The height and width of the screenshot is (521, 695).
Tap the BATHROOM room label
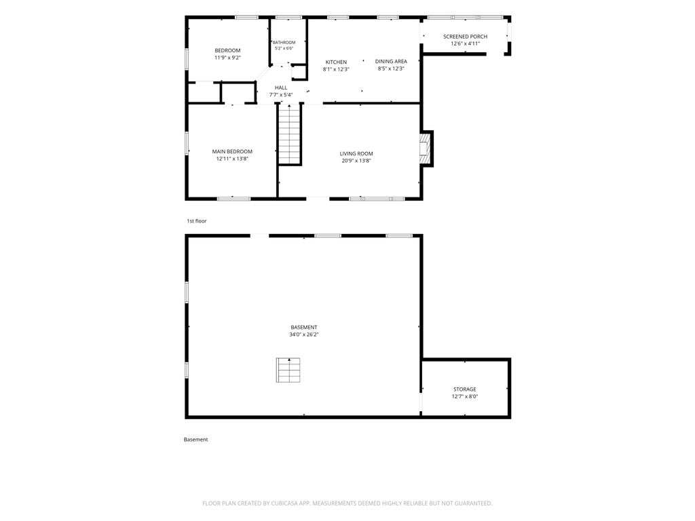click(284, 43)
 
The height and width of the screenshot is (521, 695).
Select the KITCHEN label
click(336, 62)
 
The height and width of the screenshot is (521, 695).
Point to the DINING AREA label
click(391, 62)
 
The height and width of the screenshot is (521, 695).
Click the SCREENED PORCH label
click(466, 37)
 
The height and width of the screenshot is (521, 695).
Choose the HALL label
click(281, 88)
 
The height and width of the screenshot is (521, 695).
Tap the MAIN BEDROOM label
click(232, 151)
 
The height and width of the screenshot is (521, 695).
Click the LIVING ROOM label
click(356, 154)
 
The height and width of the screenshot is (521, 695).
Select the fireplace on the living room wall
click(426, 149)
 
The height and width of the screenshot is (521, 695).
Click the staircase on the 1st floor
click(290, 134)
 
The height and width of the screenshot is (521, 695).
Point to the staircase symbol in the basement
click(288, 370)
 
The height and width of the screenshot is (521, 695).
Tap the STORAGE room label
click(464, 389)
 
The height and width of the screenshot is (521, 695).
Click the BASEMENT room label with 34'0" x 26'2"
click(303, 328)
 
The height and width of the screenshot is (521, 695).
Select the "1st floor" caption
click(196, 221)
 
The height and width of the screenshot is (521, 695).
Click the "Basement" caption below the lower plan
click(195, 440)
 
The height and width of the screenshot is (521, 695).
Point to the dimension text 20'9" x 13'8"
click(356, 161)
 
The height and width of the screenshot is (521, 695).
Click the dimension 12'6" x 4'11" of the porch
click(466, 43)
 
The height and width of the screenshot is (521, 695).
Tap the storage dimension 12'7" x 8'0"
click(464, 396)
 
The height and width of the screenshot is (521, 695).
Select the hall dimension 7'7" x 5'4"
click(281, 95)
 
